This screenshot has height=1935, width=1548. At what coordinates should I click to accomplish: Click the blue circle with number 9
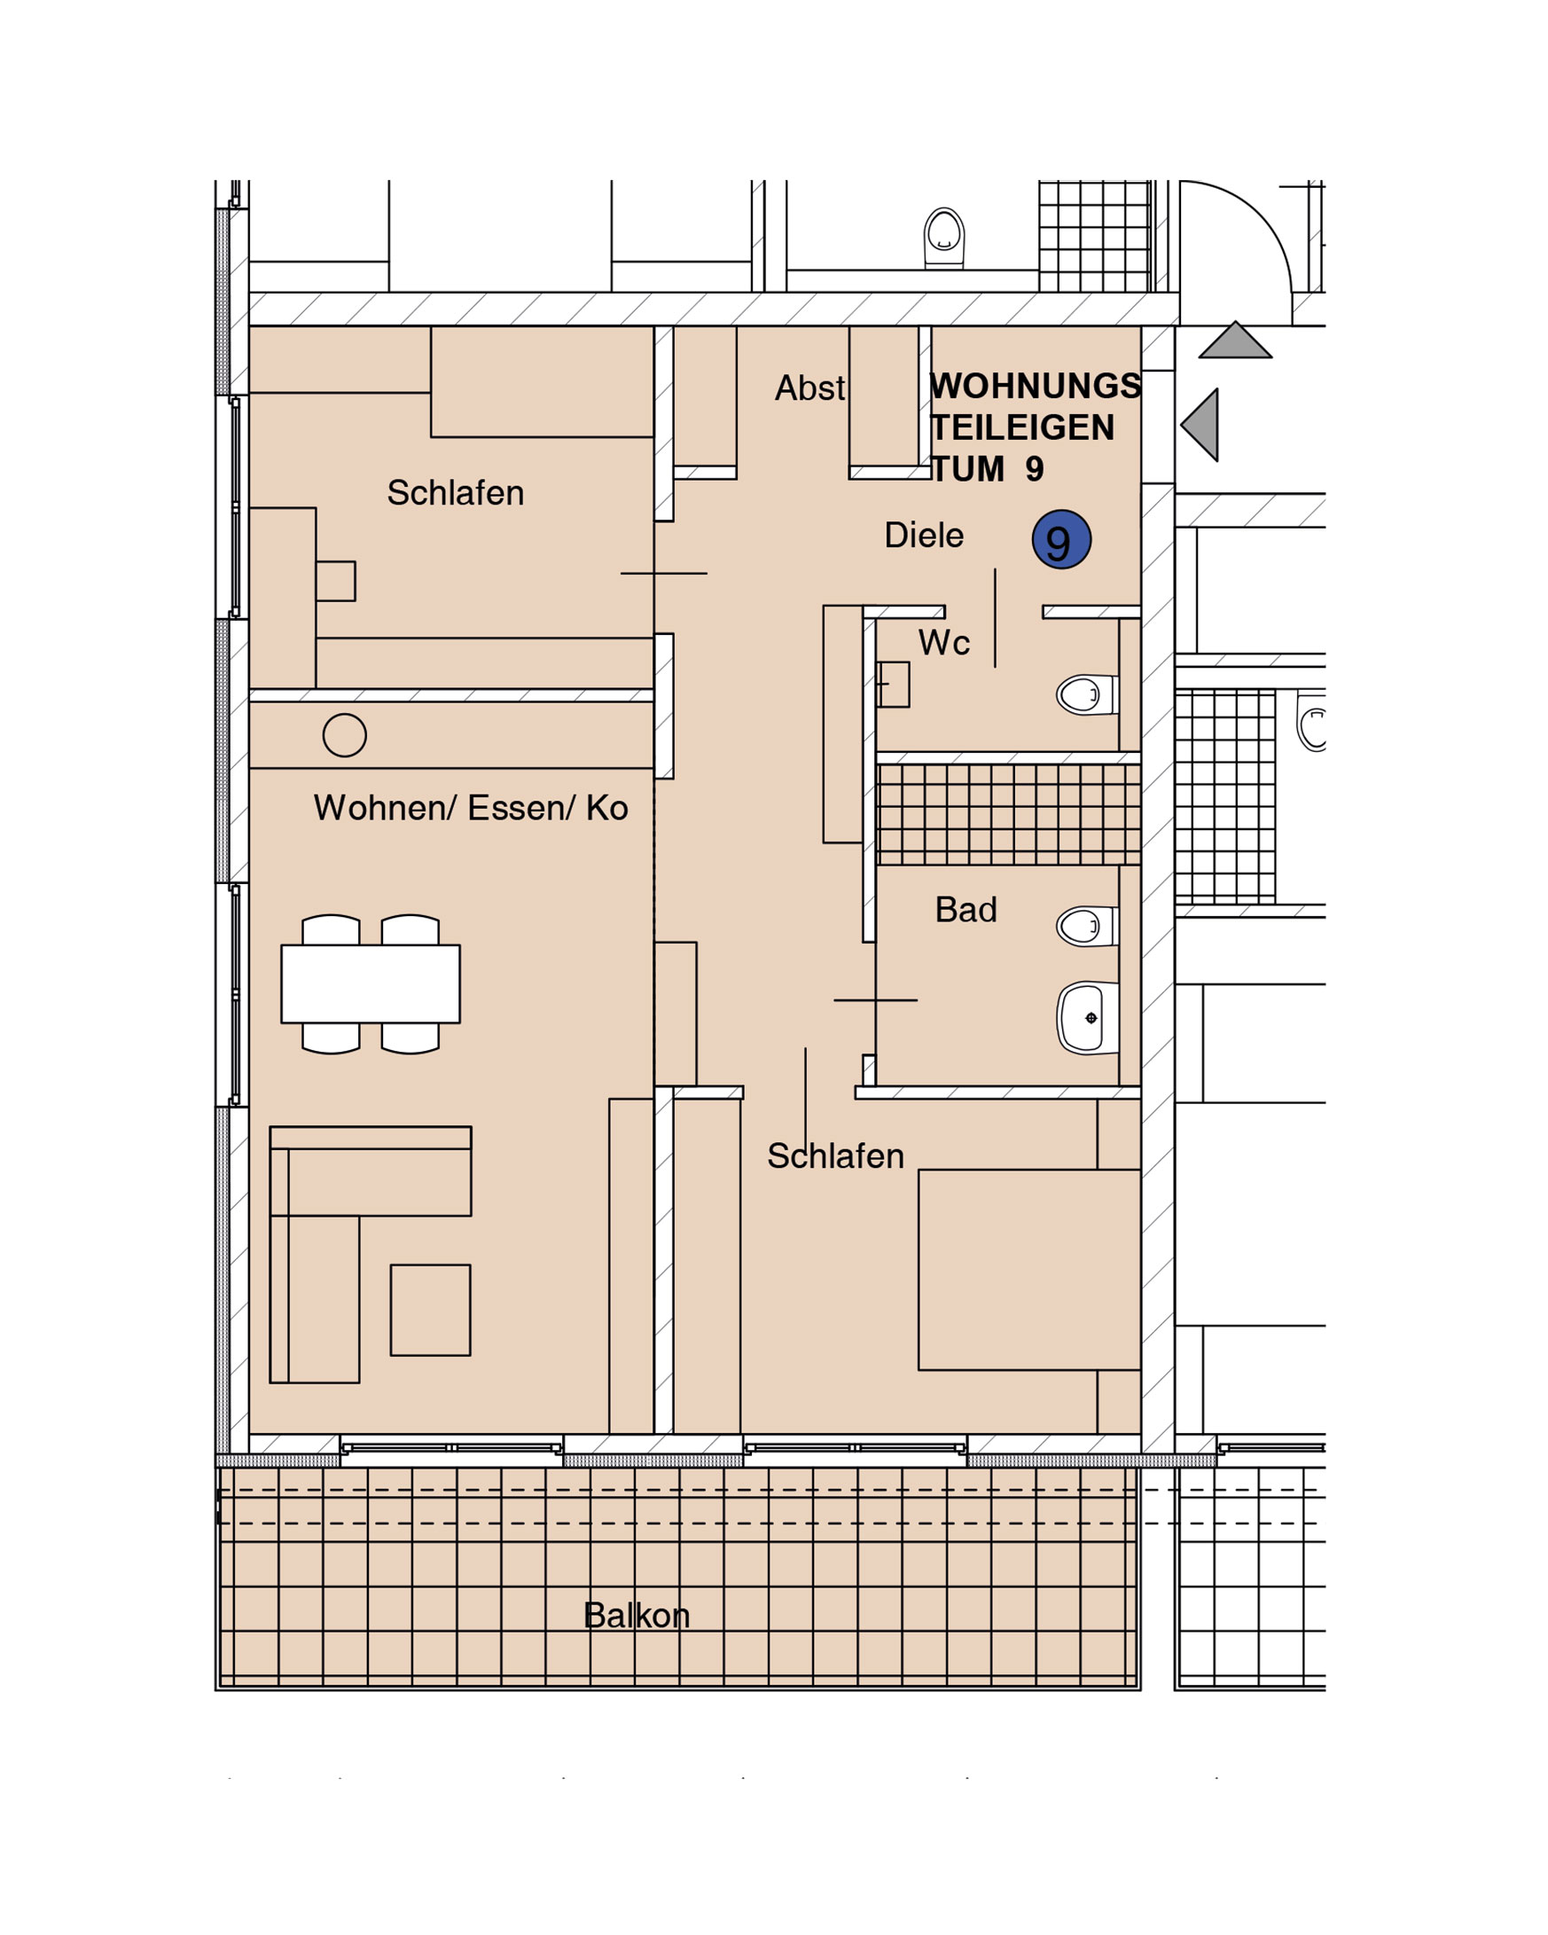click(1060, 539)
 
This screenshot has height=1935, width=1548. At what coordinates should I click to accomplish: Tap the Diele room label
click(924, 535)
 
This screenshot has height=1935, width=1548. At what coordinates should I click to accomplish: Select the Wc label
click(943, 643)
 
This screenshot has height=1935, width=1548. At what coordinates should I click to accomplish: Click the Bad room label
click(966, 909)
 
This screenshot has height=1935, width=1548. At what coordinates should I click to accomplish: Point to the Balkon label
click(637, 1616)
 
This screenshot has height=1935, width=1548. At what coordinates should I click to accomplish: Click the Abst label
click(809, 388)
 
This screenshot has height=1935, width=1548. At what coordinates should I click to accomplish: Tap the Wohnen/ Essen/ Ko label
click(470, 808)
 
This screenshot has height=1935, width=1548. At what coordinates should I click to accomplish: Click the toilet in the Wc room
click(1087, 694)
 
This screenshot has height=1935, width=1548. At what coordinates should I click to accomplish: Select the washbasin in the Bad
click(1087, 1018)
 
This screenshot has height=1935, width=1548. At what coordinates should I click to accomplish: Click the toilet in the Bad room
click(1087, 926)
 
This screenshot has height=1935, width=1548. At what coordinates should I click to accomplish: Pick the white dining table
click(371, 983)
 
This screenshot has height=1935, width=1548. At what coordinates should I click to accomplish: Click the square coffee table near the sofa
click(430, 1311)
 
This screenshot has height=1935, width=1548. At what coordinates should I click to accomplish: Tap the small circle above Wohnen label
click(345, 736)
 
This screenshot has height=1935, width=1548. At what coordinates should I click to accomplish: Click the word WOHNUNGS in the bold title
click(1035, 386)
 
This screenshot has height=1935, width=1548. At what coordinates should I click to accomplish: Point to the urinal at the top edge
click(944, 238)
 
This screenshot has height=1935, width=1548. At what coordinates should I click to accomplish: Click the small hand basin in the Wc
click(893, 685)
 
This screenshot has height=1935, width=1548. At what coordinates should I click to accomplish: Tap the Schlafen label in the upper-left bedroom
click(455, 493)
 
